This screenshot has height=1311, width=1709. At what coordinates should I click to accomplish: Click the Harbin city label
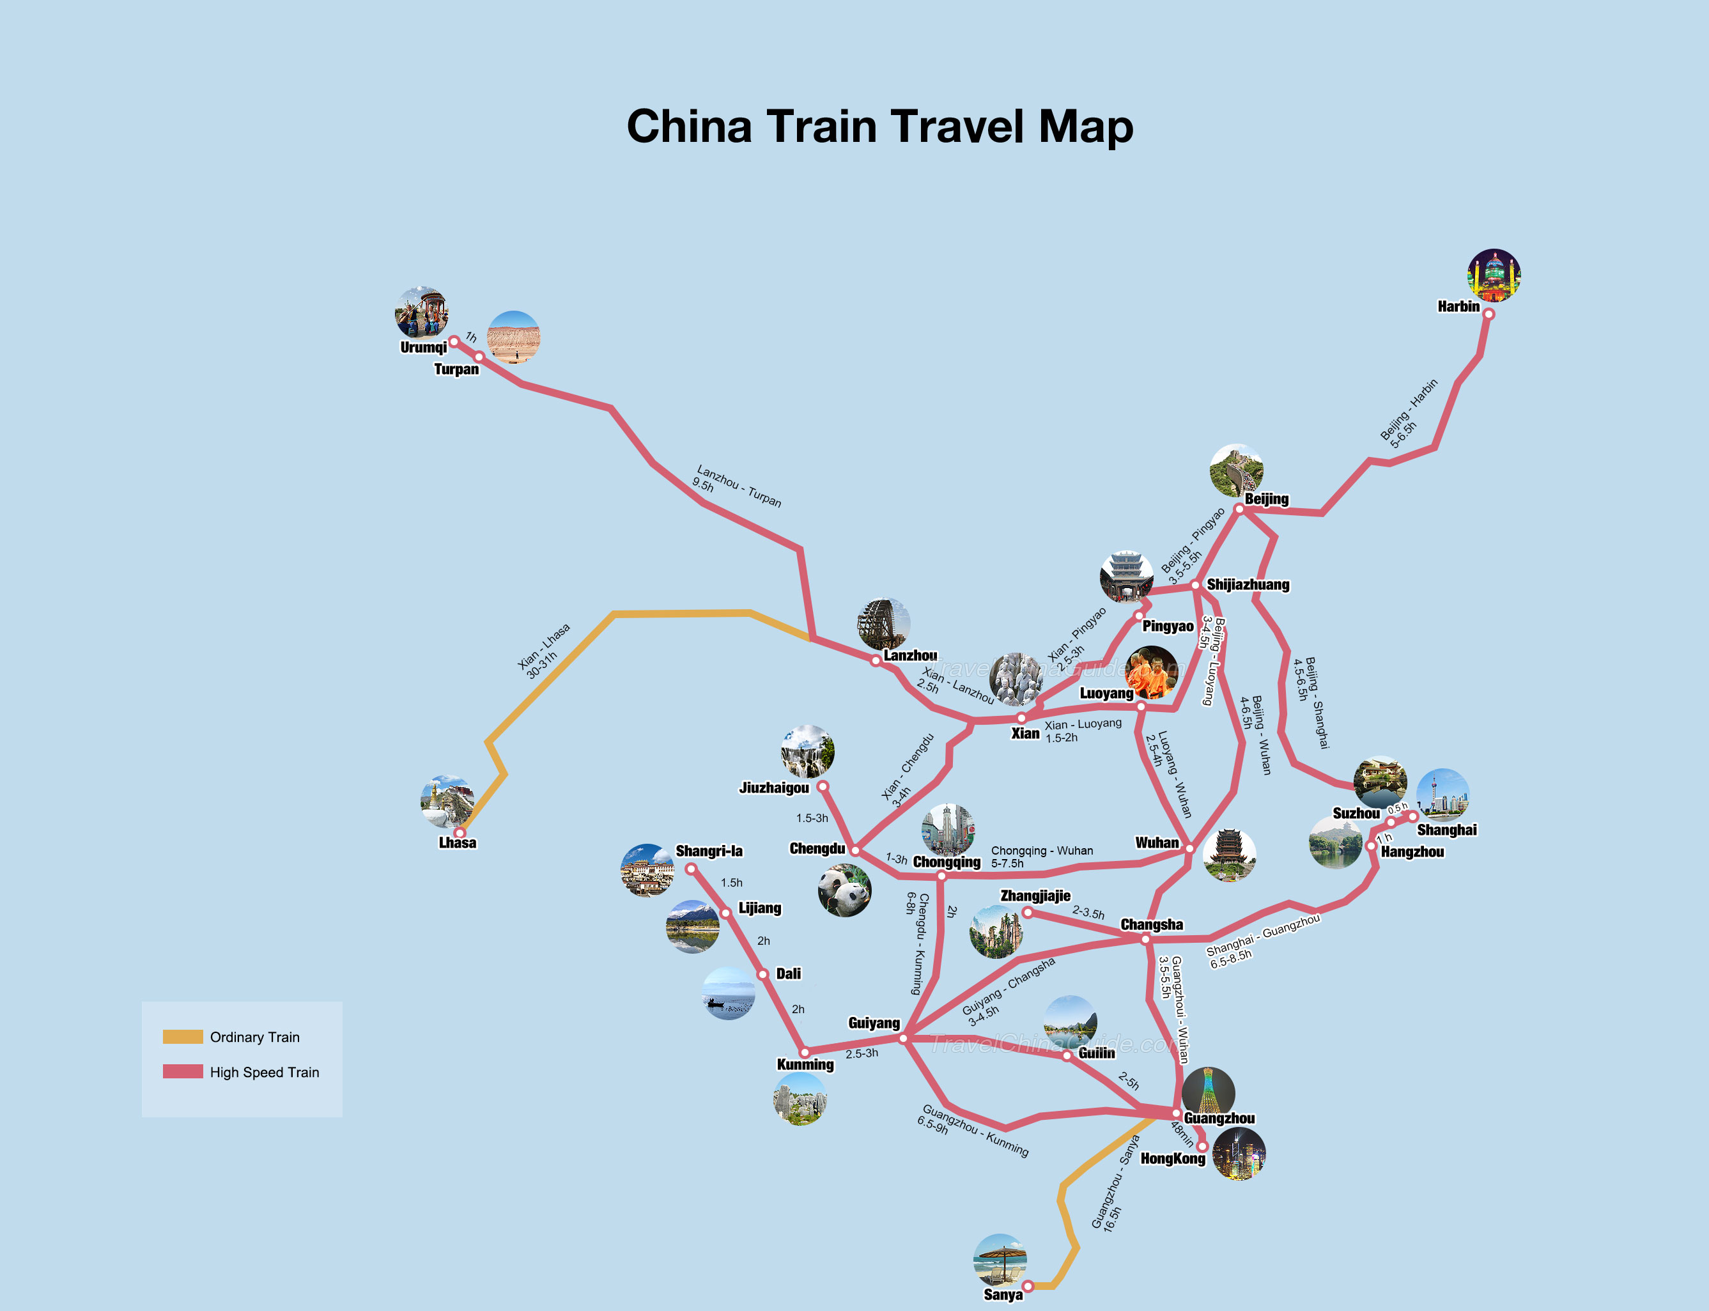(x=1458, y=307)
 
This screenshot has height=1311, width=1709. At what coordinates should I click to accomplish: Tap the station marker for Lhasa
(x=460, y=833)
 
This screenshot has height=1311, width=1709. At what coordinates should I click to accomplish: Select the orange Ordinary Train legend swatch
(x=183, y=1036)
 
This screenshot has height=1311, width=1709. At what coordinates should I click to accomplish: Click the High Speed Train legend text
(x=264, y=1072)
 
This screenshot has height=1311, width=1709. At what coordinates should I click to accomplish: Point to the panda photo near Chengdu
(x=844, y=890)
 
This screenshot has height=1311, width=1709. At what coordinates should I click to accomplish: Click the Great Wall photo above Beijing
(x=1236, y=470)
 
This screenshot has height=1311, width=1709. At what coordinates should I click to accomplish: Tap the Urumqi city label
(x=423, y=347)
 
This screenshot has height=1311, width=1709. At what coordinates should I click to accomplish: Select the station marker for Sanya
(x=1028, y=1286)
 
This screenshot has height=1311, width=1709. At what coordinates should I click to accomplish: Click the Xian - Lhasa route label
(x=544, y=651)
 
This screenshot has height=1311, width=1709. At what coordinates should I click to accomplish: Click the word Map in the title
(x=1085, y=127)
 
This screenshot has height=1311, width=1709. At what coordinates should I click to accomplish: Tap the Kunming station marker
(x=805, y=1053)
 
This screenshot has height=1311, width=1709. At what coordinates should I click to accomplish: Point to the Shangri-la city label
(x=709, y=851)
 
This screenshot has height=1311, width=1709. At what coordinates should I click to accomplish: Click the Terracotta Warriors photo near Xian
(x=1016, y=679)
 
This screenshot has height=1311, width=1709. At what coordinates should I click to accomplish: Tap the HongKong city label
(x=1172, y=1159)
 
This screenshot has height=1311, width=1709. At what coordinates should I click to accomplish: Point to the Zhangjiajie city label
(x=1035, y=896)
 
